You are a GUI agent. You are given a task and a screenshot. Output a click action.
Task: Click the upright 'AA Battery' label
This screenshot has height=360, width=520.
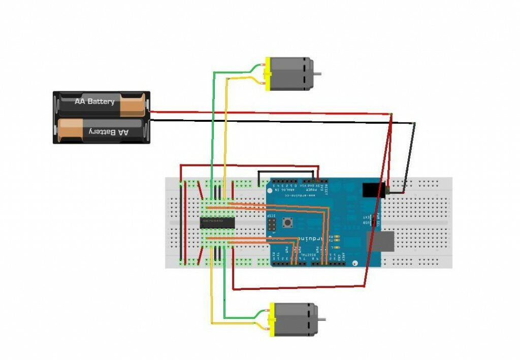click(94, 102)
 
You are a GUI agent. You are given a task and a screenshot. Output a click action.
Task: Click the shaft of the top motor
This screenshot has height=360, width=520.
click(317, 74)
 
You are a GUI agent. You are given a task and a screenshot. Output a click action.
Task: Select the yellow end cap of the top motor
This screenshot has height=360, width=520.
click(267, 75)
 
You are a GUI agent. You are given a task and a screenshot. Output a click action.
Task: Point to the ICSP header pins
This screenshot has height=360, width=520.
click(272, 224)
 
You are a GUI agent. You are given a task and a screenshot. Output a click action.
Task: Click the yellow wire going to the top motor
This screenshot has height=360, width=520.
click(225, 127)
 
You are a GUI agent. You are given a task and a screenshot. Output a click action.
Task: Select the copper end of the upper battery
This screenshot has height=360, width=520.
click(132, 104)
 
